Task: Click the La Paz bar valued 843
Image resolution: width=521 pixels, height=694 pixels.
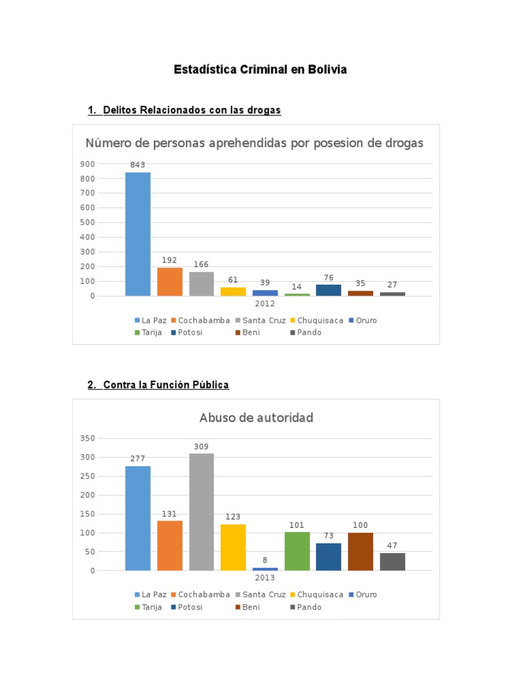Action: [x=138, y=234]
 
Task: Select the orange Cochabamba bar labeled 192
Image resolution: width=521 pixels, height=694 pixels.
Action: [x=170, y=282]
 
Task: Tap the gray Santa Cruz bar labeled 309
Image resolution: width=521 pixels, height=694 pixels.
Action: [x=201, y=512]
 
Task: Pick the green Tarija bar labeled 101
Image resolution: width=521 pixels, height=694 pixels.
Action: [x=297, y=552]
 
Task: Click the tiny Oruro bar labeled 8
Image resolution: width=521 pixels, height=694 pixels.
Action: [x=265, y=569]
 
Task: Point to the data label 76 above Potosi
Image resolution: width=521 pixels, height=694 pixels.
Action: [x=329, y=277]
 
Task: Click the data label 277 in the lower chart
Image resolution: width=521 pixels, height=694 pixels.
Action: [x=138, y=459]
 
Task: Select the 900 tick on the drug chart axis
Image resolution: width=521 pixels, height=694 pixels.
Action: [x=88, y=164]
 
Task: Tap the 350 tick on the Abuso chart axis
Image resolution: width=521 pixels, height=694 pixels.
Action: [x=88, y=438]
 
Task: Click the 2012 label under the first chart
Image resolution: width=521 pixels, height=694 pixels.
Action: [x=265, y=304]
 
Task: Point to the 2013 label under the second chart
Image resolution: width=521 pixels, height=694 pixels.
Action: [x=265, y=577]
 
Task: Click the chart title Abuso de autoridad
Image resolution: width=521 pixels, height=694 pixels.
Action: [x=256, y=417]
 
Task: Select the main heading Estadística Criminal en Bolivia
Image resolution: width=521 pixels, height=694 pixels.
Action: [x=260, y=70]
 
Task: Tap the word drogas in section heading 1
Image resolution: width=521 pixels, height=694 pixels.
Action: [x=264, y=110]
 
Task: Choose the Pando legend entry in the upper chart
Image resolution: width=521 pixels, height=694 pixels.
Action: [x=306, y=332]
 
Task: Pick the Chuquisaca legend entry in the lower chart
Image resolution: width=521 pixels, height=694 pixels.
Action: [x=317, y=594]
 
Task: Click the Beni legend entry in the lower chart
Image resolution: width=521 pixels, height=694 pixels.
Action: [x=248, y=607]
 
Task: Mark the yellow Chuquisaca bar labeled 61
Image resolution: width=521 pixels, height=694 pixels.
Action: [x=233, y=291]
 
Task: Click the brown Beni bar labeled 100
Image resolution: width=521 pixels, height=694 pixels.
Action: [x=361, y=552]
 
